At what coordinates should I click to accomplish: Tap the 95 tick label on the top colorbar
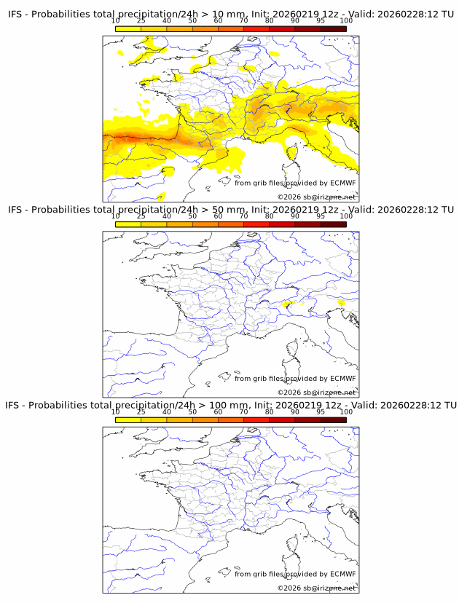point(321,20)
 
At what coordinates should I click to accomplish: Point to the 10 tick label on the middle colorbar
point(115,216)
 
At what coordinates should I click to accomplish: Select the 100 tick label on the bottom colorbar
point(346,411)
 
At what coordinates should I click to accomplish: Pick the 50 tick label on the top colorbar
point(192,20)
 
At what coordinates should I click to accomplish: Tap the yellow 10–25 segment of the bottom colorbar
point(127,419)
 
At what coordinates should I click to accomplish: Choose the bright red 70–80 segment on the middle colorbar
point(256,224)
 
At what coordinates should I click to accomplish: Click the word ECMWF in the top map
point(342,183)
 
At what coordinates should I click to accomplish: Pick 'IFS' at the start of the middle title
point(17,210)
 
